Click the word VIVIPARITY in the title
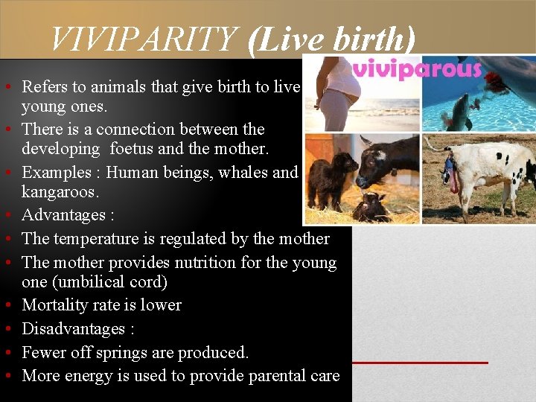(144, 39)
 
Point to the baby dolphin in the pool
(459, 107)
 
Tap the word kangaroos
(60, 192)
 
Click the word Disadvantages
(73, 329)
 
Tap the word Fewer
(44, 352)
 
